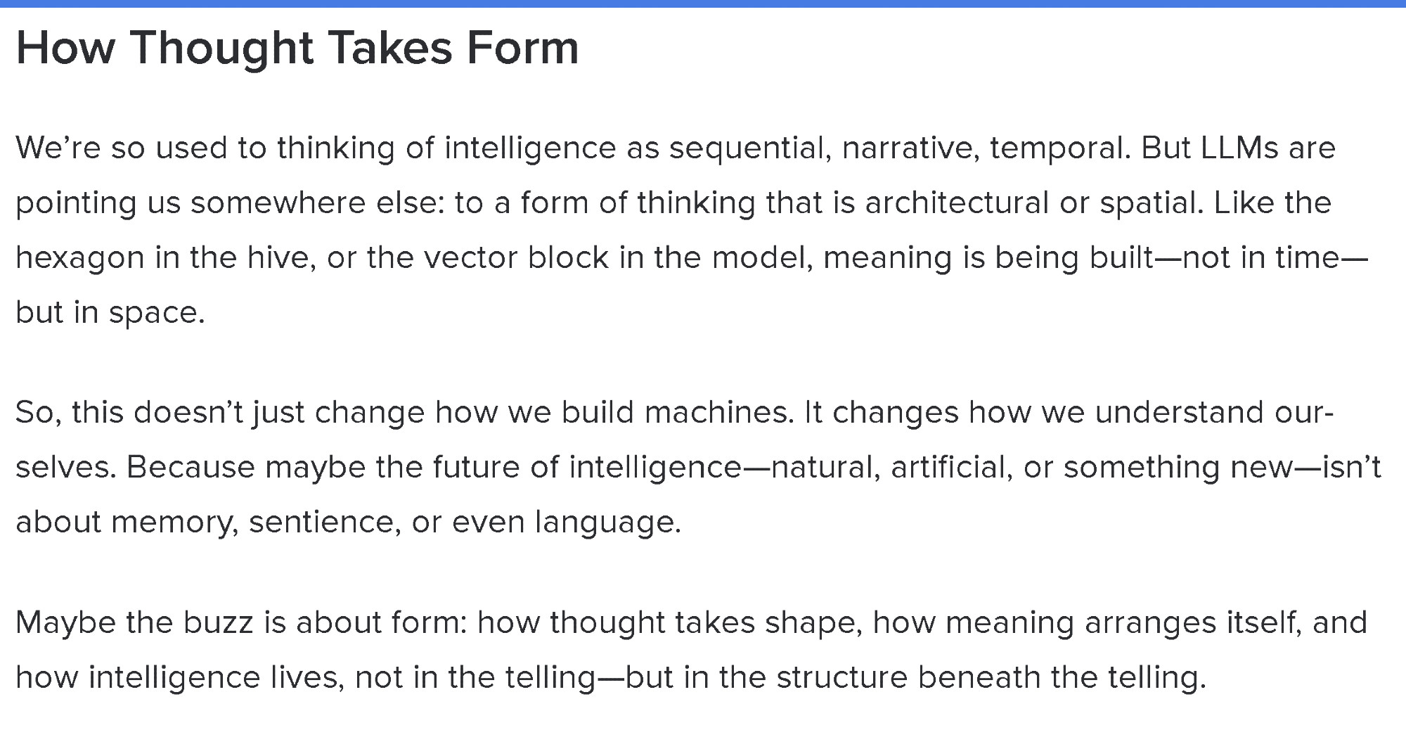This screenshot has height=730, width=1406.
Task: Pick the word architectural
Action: (x=957, y=203)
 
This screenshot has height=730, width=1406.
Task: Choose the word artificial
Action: (x=952, y=468)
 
